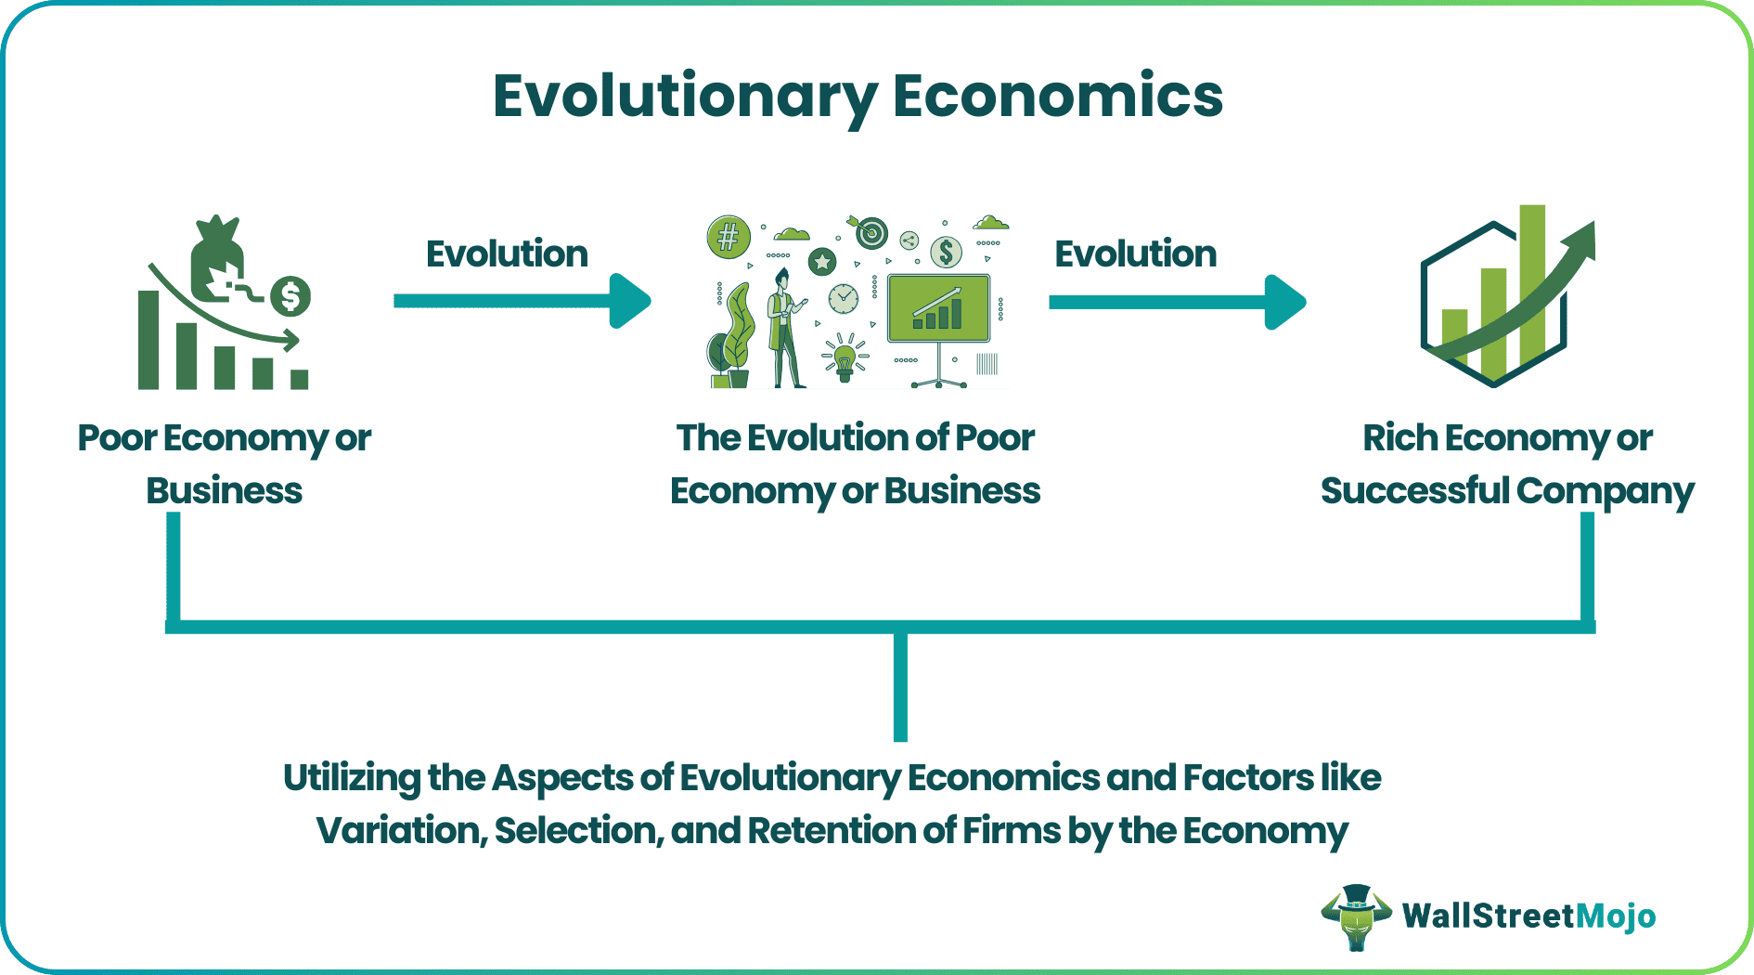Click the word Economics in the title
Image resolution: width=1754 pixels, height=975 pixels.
(1057, 97)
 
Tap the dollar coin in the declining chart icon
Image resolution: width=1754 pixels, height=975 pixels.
(290, 297)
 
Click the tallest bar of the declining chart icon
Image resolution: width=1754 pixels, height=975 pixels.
(148, 340)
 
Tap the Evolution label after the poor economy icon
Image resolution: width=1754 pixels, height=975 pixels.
(507, 253)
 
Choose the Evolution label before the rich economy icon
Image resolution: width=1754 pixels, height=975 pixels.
(1135, 253)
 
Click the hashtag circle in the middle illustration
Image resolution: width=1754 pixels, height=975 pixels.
(729, 237)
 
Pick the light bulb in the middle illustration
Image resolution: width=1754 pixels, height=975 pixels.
(845, 358)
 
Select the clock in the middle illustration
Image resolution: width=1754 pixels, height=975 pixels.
(843, 299)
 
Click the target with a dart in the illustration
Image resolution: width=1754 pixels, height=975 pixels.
(871, 232)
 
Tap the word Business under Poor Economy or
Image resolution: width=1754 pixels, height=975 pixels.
(224, 490)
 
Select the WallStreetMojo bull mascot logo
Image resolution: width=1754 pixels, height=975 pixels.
(1357, 917)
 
